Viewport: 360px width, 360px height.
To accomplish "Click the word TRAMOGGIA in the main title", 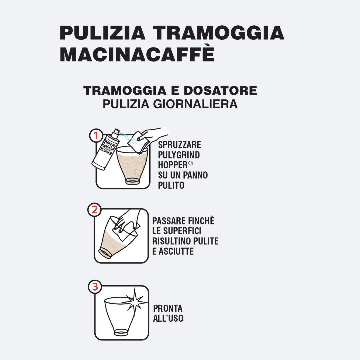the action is click(219, 33).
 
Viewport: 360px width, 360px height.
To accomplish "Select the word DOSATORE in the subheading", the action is click(220, 90).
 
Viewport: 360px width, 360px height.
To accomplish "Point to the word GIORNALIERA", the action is click(195, 104).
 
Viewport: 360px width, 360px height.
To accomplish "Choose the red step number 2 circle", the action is click(95, 210).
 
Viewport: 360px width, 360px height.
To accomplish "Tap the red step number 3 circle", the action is click(95, 287).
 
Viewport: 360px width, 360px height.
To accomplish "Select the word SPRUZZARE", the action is click(180, 145).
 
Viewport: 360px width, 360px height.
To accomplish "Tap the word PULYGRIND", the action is click(179, 155).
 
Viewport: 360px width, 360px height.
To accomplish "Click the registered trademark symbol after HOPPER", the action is click(191, 163).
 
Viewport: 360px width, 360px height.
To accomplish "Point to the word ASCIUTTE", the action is click(176, 251).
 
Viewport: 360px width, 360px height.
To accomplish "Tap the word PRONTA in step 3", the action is click(168, 308).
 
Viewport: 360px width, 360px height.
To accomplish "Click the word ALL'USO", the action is click(168, 318).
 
